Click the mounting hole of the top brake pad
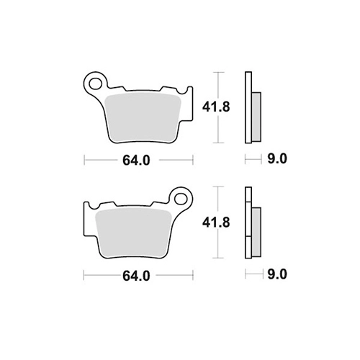95,84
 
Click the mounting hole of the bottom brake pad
181,199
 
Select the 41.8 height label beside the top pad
216,107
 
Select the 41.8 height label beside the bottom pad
216,222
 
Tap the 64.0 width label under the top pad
136,161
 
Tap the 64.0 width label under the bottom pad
136,276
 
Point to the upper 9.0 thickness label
277,159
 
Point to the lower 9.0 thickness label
277,274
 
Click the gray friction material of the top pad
143,117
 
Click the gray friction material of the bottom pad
133,233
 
